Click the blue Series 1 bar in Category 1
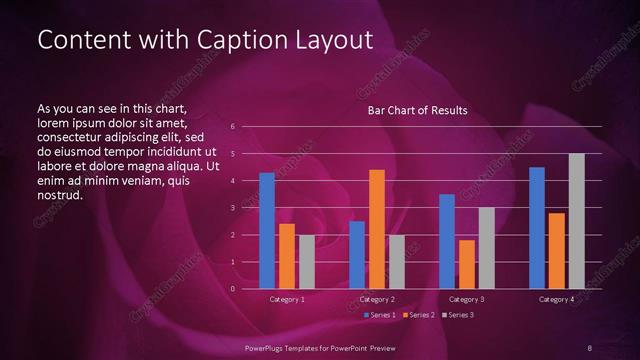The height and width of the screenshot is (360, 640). click(x=267, y=231)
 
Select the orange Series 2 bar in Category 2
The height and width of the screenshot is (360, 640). click(x=377, y=229)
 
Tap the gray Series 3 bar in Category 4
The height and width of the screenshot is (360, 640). click(x=576, y=221)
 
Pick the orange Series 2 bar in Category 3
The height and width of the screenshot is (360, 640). click(x=467, y=264)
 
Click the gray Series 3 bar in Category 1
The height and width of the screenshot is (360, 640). click(x=306, y=262)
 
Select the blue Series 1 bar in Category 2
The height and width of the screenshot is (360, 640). click(x=357, y=255)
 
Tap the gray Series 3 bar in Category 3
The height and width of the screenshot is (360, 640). click(x=486, y=248)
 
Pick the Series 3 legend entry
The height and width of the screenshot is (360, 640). click(x=457, y=315)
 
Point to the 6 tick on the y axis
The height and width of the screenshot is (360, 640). click(x=232, y=127)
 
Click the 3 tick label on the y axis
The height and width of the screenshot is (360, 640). click(x=232, y=208)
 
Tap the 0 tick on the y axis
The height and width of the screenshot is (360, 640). click(x=232, y=289)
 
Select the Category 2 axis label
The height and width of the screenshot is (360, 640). click(x=377, y=299)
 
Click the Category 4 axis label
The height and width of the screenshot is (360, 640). click(x=557, y=299)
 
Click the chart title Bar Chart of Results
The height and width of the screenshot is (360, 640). click(x=417, y=109)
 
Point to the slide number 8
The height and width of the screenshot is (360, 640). click(x=590, y=347)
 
